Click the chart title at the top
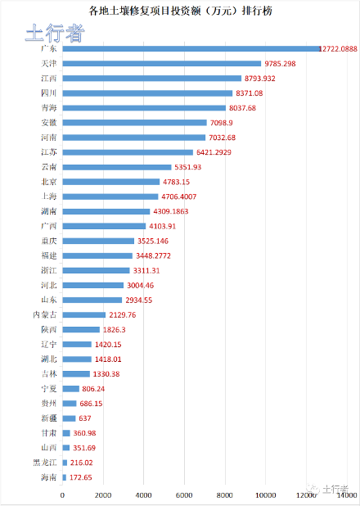click(181, 11)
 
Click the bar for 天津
click(161, 63)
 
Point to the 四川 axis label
click(49, 93)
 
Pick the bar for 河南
click(133, 138)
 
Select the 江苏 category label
click(49, 152)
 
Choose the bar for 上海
click(110, 197)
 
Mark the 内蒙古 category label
click(45, 314)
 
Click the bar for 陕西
click(80, 329)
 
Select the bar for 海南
click(64, 477)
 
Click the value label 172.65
click(83, 477)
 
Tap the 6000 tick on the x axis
click(184, 495)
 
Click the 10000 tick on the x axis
click(265, 495)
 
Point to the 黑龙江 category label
click(45, 463)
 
